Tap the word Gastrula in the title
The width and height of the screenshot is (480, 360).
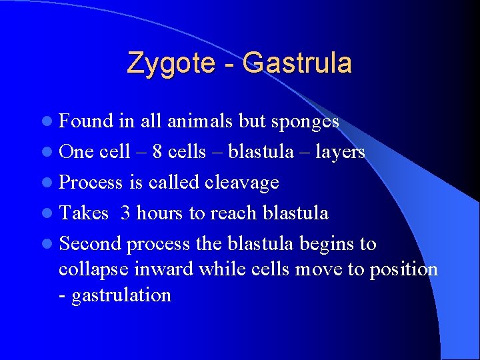coord(297,63)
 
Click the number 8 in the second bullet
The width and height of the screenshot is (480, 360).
coord(158,152)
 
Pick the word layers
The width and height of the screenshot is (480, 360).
coord(339,152)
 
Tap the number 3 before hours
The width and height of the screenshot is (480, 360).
coord(126,213)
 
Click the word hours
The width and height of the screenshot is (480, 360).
coord(160,213)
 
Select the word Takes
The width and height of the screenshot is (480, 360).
coord(83,213)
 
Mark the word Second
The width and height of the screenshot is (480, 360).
coord(90,244)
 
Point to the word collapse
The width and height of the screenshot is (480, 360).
coord(95,269)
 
